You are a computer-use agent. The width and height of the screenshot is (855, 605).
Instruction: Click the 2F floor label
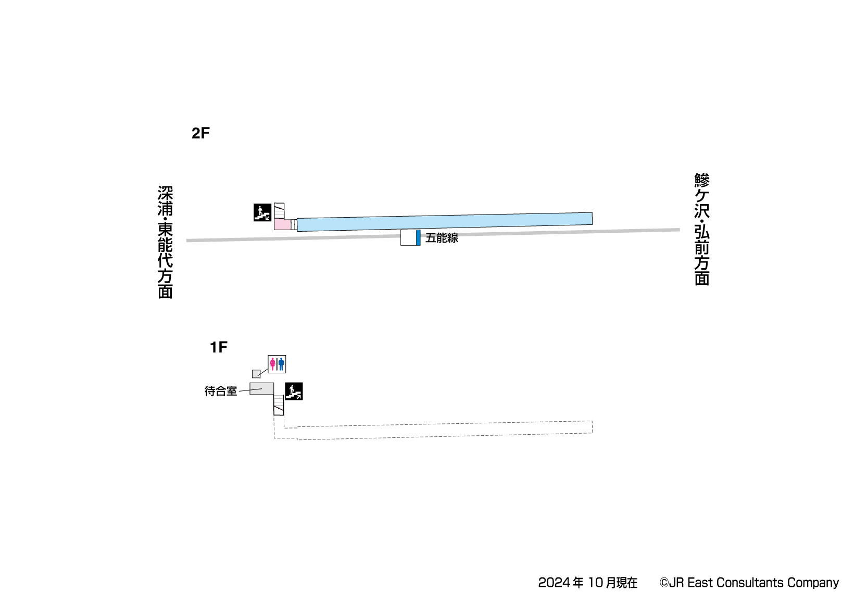tap(200, 133)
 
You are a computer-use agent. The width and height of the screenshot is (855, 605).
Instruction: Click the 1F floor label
tap(218, 347)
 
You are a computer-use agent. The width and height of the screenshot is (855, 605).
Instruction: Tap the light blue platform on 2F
tap(444, 222)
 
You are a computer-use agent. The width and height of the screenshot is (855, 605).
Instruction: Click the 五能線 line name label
tap(442, 238)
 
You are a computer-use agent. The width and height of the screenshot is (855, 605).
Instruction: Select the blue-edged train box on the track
tap(410, 237)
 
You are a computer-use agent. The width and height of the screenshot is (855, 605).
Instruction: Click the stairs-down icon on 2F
tap(262, 212)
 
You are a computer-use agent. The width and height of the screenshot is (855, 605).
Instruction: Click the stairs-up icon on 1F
tap(294, 391)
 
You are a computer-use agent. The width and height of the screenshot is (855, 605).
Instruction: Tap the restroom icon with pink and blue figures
tap(277, 364)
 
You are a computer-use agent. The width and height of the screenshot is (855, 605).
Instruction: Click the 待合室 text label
tap(221, 391)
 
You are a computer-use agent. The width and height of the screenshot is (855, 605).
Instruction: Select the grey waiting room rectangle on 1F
tap(262, 388)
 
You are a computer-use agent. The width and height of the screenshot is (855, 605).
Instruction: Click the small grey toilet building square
tap(256, 374)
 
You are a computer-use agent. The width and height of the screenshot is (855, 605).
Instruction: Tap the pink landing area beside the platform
tap(282, 224)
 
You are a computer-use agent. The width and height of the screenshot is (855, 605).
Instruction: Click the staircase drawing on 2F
tap(279, 210)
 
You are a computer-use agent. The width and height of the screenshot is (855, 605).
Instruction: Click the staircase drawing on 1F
tap(279, 405)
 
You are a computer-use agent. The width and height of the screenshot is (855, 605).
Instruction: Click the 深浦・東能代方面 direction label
tap(165, 242)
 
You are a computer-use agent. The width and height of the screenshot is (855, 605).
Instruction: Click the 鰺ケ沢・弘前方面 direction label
tap(702, 230)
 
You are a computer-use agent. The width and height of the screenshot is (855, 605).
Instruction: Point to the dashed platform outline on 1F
tap(443, 431)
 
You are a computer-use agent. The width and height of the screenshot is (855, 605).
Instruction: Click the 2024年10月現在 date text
tap(587, 583)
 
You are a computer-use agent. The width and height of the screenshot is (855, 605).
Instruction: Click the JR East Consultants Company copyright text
tap(749, 583)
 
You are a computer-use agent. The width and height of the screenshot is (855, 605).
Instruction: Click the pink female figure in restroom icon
tap(272, 364)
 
